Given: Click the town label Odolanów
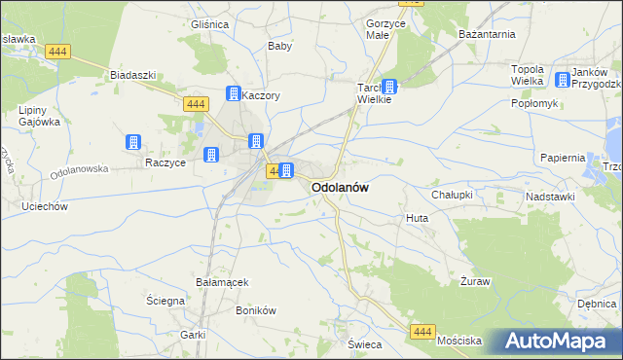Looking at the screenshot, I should coord(339,188).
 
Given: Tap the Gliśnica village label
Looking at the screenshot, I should coord(209,24).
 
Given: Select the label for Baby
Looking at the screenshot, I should coord(280,46).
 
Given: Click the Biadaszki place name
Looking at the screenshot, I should coord(133,75).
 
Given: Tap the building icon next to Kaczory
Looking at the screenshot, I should coord(234,94).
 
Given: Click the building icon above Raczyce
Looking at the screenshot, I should coord(132,142).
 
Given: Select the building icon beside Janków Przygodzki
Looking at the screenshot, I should coord(563,82).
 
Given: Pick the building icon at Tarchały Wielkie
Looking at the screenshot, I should coord(389,86).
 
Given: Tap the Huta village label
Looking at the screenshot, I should coord(417,219).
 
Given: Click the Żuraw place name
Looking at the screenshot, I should coord(475,280).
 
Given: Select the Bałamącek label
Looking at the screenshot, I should coord(222,282).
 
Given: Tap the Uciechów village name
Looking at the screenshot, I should coord(44,206).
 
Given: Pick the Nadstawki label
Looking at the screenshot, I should coord(550,197).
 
